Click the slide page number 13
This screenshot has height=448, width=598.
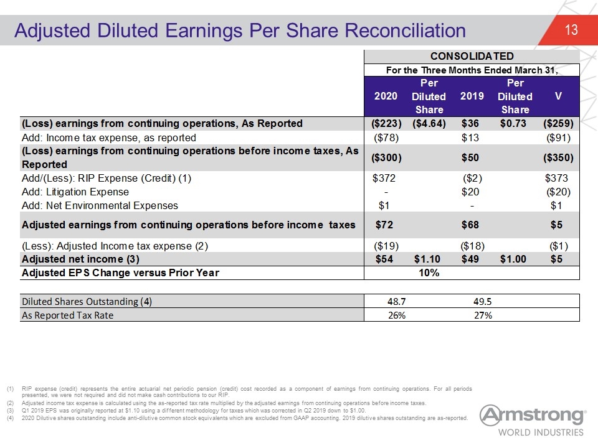click(571, 30)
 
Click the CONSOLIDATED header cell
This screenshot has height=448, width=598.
click(472, 57)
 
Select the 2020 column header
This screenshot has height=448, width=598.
click(386, 96)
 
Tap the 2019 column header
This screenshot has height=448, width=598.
click(472, 96)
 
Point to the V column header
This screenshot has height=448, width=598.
click(558, 96)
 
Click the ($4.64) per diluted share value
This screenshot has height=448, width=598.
click(429, 123)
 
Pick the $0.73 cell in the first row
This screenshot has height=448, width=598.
click(513, 123)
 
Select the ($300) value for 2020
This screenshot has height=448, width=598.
click(386, 157)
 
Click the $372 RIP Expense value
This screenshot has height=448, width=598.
click(384, 178)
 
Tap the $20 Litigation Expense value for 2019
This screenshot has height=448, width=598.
click(470, 192)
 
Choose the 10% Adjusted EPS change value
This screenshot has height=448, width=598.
click(429, 273)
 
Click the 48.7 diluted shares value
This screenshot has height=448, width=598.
click(396, 301)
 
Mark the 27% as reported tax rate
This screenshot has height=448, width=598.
click(483, 315)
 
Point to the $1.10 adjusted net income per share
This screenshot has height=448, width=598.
click(427, 259)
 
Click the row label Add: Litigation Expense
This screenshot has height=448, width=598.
click(75, 192)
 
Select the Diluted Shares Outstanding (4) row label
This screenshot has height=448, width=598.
click(87, 302)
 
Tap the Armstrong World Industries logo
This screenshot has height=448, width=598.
click(533, 421)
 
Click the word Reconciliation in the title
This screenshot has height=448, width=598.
click(406, 30)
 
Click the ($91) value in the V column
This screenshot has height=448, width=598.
click(558, 138)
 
